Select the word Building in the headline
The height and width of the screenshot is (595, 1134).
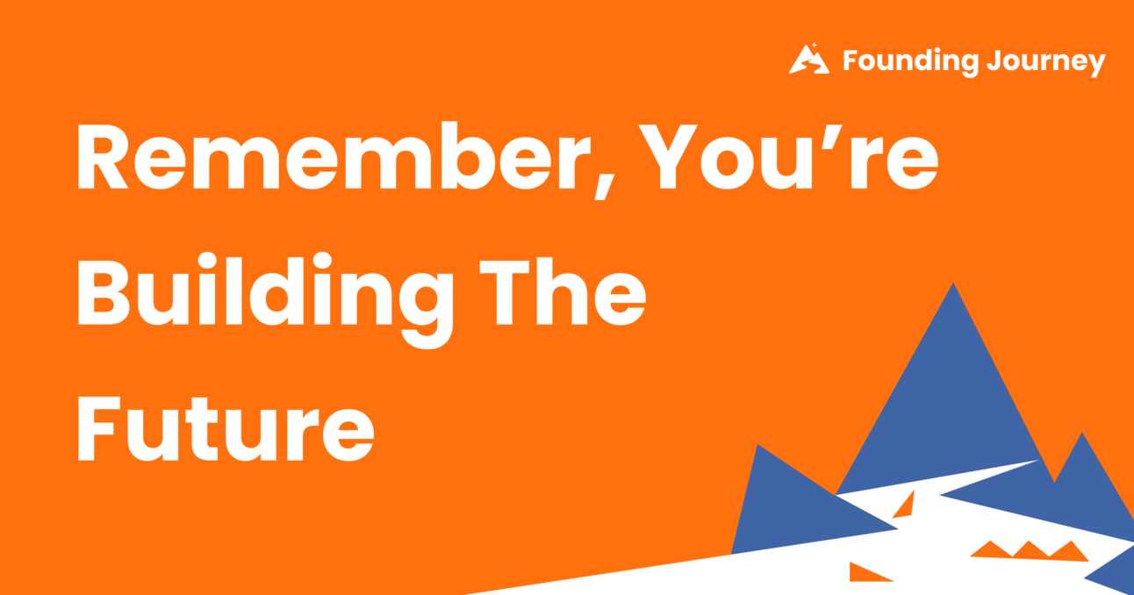coord(264,294)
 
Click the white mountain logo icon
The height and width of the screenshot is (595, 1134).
coord(808,61)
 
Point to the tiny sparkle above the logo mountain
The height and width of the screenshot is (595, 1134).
coord(814,44)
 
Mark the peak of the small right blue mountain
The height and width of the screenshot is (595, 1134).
coord(1083,435)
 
